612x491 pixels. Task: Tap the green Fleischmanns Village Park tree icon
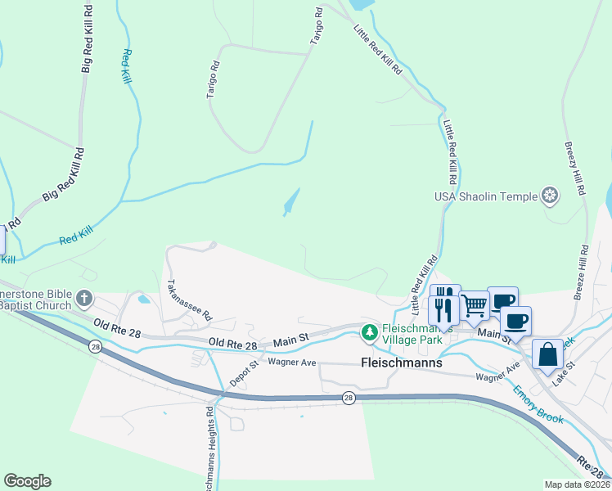coord(370,332)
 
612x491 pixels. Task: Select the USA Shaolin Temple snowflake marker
coord(551,196)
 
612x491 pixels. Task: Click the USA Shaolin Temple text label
coord(486,196)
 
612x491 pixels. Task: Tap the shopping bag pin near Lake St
coord(547,354)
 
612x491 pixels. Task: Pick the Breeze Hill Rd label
coord(581,272)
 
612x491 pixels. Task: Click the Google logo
coord(27,481)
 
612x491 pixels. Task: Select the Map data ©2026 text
coord(577,484)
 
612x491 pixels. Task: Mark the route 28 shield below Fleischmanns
coord(349,398)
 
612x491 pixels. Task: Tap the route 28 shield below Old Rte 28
coord(97,348)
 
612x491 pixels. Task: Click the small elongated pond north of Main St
coord(290,202)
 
